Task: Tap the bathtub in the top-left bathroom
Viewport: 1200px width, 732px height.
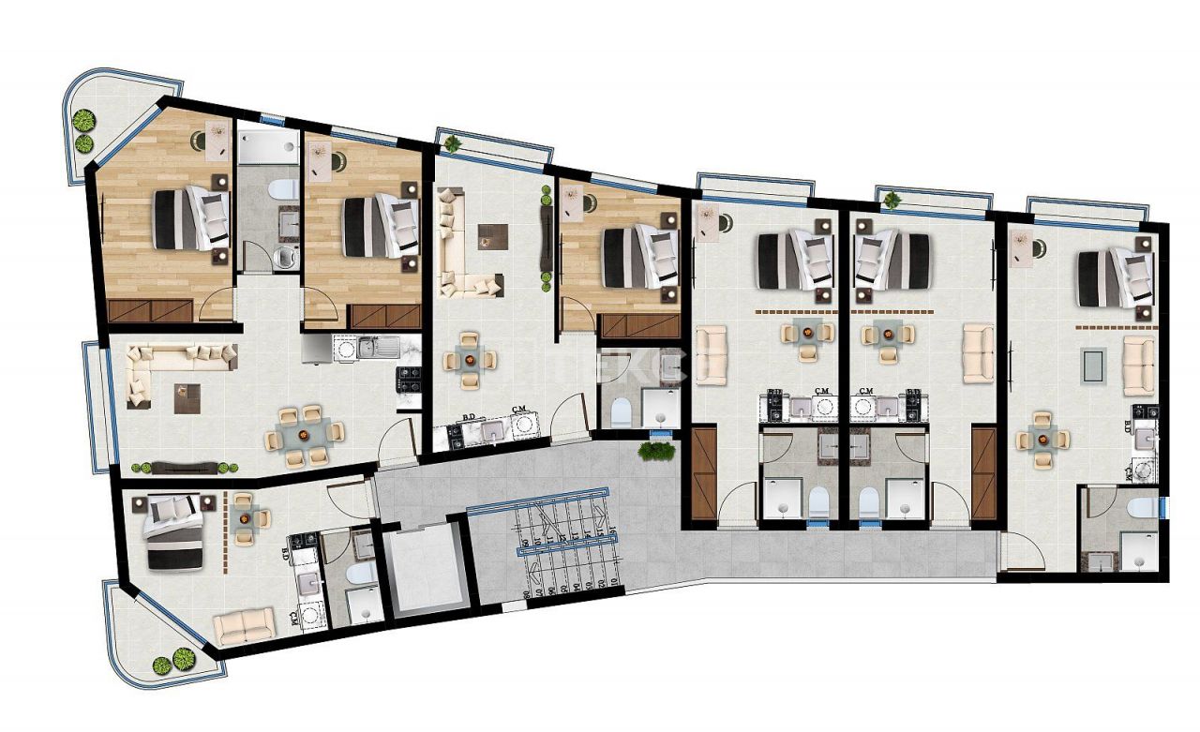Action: click(266, 146)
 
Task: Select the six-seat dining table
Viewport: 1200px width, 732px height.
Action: click(302, 434)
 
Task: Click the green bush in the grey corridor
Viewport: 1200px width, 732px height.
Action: click(656, 451)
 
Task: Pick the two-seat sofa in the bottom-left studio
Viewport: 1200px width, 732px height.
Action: click(244, 623)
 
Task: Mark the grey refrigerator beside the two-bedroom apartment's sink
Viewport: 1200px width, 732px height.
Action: click(317, 348)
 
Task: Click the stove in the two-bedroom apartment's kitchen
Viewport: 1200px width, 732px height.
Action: click(410, 378)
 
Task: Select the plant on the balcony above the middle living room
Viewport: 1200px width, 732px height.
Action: click(454, 143)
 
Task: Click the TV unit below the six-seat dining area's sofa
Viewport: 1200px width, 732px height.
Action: click(186, 466)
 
